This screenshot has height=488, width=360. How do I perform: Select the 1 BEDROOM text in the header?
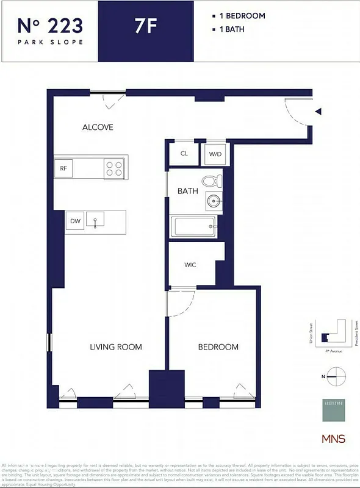pyautogui.click(x=242, y=16)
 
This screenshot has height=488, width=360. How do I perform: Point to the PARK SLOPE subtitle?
pyautogui.click(x=50, y=42)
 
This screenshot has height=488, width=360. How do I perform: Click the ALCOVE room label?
pyautogui.click(x=98, y=127)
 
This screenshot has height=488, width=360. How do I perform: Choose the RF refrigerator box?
pyautogui.click(x=63, y=168)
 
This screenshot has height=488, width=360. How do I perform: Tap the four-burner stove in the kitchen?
pyautogui.click(x=113, y=168)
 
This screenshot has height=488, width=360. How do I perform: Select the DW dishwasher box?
pyautogui.click(x=75, y=221)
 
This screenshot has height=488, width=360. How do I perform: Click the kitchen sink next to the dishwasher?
pyautogui.click(x=95, y=220)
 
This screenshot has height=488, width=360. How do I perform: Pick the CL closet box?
pyautogui.click(x=184, y=154)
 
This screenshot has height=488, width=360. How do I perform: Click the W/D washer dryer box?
pyautogui.click(x=215, y=154)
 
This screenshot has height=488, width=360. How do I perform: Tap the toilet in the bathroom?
pyautogui.click(x=211, y=181)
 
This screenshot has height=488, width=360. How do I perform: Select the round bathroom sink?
pyautogui.click(x=214, y=200)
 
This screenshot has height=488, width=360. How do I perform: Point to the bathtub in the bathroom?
pyautogui.click(x=193, y=228)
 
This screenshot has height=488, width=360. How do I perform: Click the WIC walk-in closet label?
pyautogui.click(x=190, y=265)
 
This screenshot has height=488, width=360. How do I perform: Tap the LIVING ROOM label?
pyautogui.click(x=116, y=347)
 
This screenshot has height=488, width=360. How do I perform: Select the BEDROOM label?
pyautogui.click(x=218, y=347)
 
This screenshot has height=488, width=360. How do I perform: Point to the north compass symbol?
pyautogui.click(x=336, y=376)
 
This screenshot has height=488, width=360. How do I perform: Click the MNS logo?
pyautogui.click(x=333, y=439)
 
